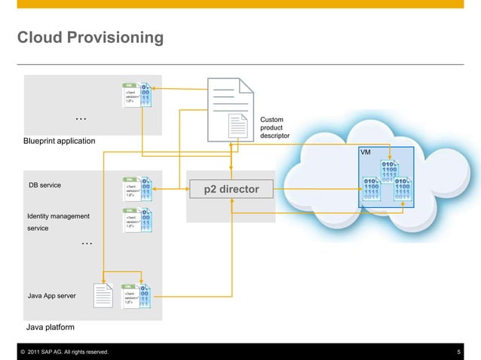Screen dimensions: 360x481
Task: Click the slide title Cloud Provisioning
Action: coord(90,37)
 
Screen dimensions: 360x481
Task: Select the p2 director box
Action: coord(231,189)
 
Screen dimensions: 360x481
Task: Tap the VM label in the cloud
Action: coord(366,152)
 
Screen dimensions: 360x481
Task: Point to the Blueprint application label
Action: coord(60,141)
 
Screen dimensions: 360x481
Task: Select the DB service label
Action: coord(44,185)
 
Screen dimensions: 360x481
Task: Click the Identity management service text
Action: coord(58,221)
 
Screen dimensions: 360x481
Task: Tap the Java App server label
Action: coord(51,296)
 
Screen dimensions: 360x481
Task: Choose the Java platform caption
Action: coord(51,328)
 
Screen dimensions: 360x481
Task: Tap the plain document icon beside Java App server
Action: coord(103,294)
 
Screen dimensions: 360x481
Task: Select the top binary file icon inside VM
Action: coord(391,169)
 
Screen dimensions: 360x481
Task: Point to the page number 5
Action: coord(459,352)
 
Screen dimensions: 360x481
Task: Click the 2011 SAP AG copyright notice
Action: coord(65,352)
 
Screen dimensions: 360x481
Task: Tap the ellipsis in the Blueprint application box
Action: coord(81,119)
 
